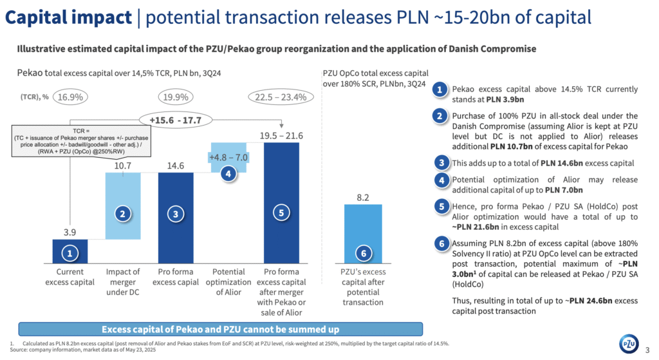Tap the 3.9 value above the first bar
70,231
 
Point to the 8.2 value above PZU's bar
363,196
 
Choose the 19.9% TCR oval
176,98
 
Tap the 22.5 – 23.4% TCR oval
281,98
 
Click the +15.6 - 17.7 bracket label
175,120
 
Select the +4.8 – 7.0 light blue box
228,157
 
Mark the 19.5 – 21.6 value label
281,135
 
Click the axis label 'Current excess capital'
70,278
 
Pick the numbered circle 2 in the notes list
440,117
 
